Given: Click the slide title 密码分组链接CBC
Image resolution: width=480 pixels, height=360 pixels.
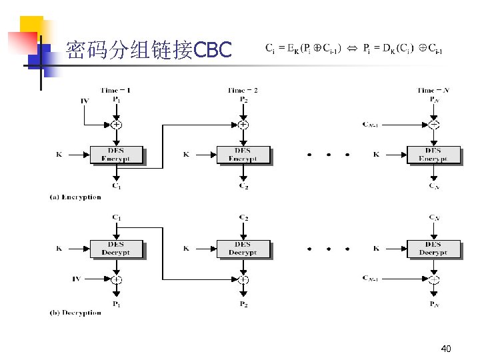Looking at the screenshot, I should coord(148,50).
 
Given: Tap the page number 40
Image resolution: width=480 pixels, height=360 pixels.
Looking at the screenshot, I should coord(446,349).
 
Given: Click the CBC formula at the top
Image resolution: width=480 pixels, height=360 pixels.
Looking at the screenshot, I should coord(353,48).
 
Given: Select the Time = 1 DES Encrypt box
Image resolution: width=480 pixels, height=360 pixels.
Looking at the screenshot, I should coord(116,155).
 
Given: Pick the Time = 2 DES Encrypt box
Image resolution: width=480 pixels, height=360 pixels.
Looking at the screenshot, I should coord(243,155).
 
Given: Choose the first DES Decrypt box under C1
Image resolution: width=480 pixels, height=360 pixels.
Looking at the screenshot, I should coord(116,249).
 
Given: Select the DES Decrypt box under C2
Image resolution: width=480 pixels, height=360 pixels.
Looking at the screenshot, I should coord(243,249).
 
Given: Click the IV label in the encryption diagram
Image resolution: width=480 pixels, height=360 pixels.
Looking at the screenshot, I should coord(85,101).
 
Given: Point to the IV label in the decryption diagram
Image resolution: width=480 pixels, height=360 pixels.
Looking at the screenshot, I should coord(77,279).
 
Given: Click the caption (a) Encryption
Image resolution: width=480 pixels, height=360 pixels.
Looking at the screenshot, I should coord(75,197).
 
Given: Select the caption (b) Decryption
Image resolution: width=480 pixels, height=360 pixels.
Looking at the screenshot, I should coord(75,312).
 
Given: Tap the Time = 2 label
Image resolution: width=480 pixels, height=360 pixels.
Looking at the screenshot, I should coord(243,90).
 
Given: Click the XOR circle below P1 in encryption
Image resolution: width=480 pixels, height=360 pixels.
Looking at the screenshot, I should coord(116,124).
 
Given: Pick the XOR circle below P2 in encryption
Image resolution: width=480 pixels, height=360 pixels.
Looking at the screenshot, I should coord(243,124).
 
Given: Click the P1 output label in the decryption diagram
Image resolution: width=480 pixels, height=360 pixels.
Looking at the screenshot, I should coord(116,304).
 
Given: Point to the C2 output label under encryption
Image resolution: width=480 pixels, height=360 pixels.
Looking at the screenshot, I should coord(243,186).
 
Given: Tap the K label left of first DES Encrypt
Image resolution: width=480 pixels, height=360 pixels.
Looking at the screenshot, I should coord(59,155).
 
